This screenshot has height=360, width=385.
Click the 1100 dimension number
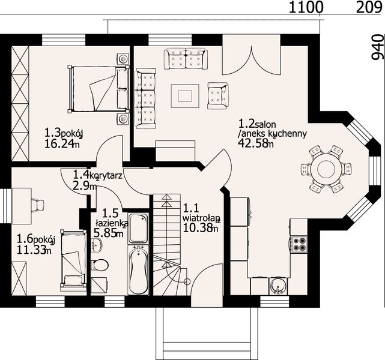pyautogui.click(x=305, y=8)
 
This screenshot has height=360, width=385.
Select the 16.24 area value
pyautogui.click(x=59, y=144)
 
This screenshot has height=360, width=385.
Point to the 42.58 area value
pyautogui.click(x=253, y=143)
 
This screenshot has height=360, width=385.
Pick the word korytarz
pyautogui.click(x=106, y=176)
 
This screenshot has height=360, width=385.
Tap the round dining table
pyautogui.click(x=326, y=168)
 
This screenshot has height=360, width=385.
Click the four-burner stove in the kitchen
pyautogui.click(x=299, y=244)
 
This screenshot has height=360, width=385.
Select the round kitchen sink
pyautogui.click(x=279, y=286)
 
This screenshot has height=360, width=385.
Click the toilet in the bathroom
pyautogui.click(x=100, y=265)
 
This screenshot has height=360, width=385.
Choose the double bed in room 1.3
pyautogui.click(x=99, y=89)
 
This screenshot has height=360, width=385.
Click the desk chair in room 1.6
pyautogui.click(x=38, y=205)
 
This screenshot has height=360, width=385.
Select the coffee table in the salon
pyautogui.click(x=185, y=96)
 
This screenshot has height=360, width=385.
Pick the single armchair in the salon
pyautogui.click(x=217, y=95)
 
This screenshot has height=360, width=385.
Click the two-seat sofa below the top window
pyautogui.click(x=186, y=58)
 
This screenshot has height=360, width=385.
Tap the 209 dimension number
pyautogui.click(x=370, y=8)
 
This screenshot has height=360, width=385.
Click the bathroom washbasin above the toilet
pyautogui.click(x=97, y=245)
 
